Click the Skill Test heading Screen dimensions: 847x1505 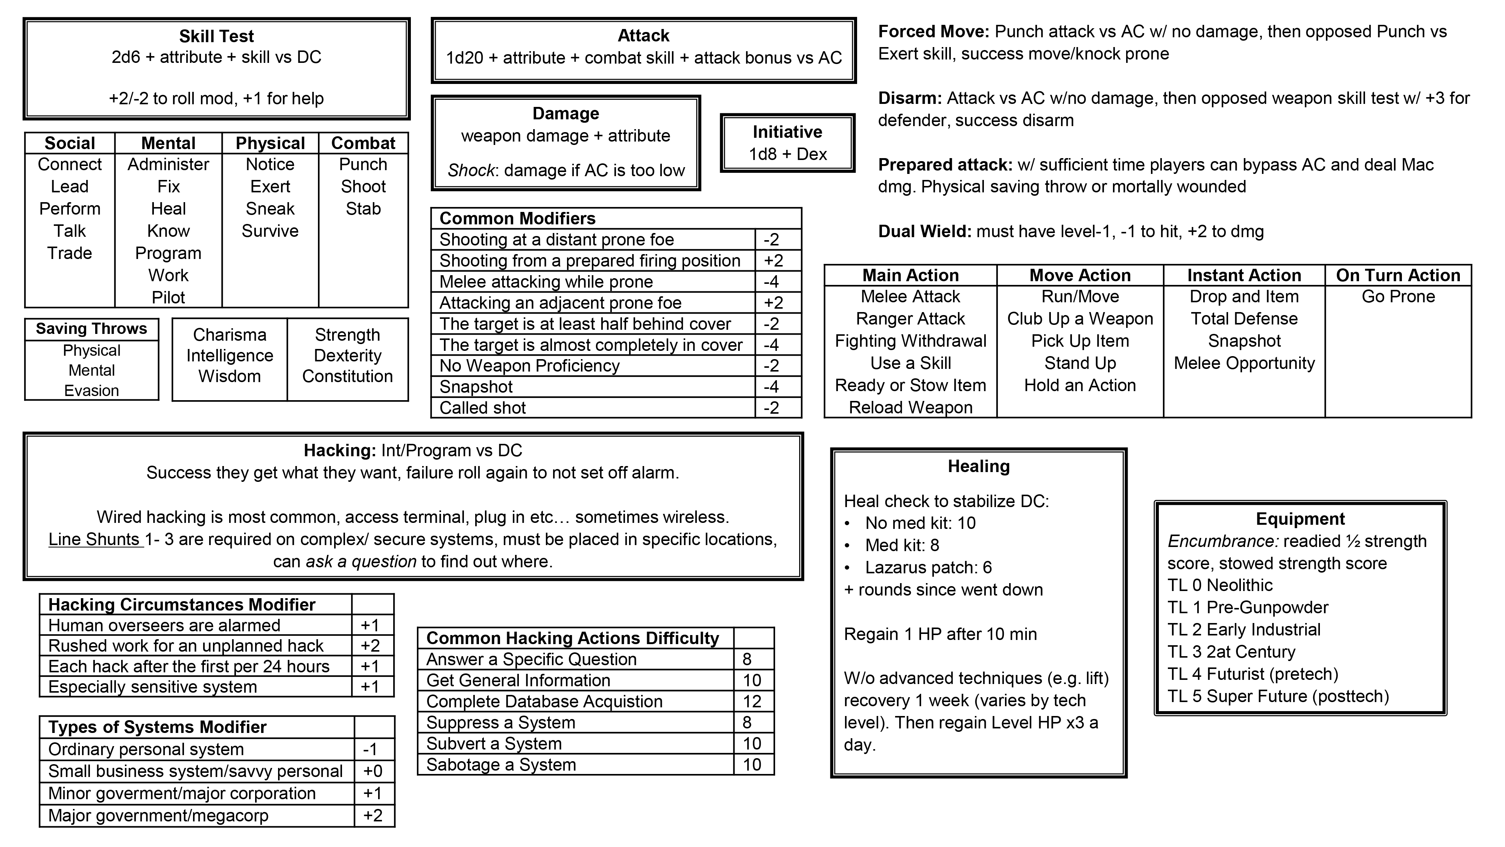(x=216, y=36)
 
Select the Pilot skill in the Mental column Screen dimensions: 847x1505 (x=168, y=297)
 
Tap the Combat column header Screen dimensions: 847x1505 (x=363, y=143)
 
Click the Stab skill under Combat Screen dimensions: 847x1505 (x=363, y=209)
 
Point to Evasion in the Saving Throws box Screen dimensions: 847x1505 (x=92, y=390)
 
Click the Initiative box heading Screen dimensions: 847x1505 (x=787, y=132)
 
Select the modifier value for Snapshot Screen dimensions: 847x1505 (x=771, y=387)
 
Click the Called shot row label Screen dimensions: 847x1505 (x=483, y=408)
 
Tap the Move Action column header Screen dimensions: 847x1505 (x=1080, y=275)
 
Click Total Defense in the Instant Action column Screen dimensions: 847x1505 (x=1244, y=318)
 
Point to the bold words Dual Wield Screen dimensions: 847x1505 (x=924, y=232)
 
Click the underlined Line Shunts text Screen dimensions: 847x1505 (x=95, y=539)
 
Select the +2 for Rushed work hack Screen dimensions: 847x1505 (x=370, y=646)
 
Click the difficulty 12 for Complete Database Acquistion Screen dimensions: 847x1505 (x=752, y=701)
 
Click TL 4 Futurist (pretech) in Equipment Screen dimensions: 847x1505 (x=1253, y=674)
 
